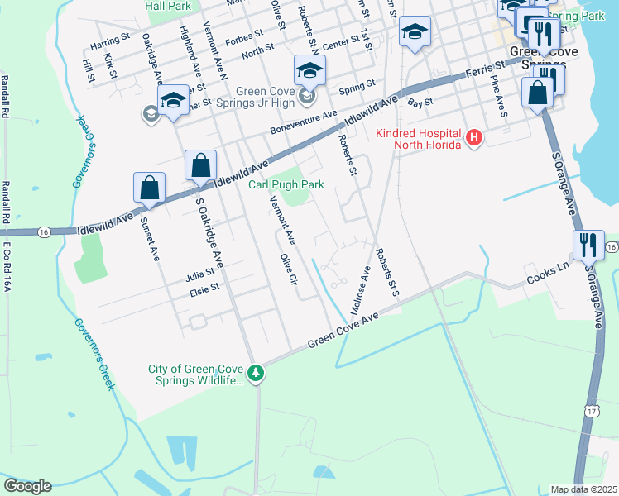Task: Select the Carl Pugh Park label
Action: (286, 184)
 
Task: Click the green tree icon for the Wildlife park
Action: (257, 374)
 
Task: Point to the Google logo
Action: (26, 486)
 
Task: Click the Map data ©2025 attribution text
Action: (583, 489)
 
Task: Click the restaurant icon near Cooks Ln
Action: (588, 246)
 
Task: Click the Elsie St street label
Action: (204, 288)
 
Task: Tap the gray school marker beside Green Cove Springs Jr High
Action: (151, 113)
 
